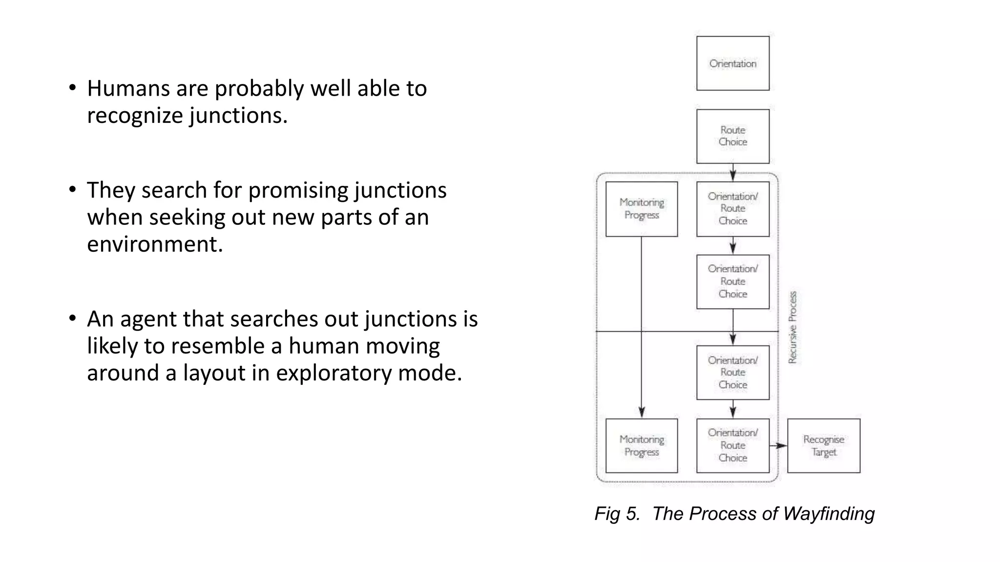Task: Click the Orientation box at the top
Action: click(x=732, y=63)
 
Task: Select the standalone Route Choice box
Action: click(x=732, y=136)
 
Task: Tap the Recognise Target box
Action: click(x=823, y=445)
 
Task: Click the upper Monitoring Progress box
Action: click(x=641, y=209)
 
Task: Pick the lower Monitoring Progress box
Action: click(x=641, y=445)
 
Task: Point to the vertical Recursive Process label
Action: click(x=792, y=327)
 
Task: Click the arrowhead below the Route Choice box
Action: click(x=733, y=175)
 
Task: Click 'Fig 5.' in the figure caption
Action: click(x=617, y=514)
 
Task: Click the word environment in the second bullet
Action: click(x=154, y=244)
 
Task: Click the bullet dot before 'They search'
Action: click(x=73, y=189)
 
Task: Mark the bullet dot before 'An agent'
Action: click(x=73, y=318)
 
